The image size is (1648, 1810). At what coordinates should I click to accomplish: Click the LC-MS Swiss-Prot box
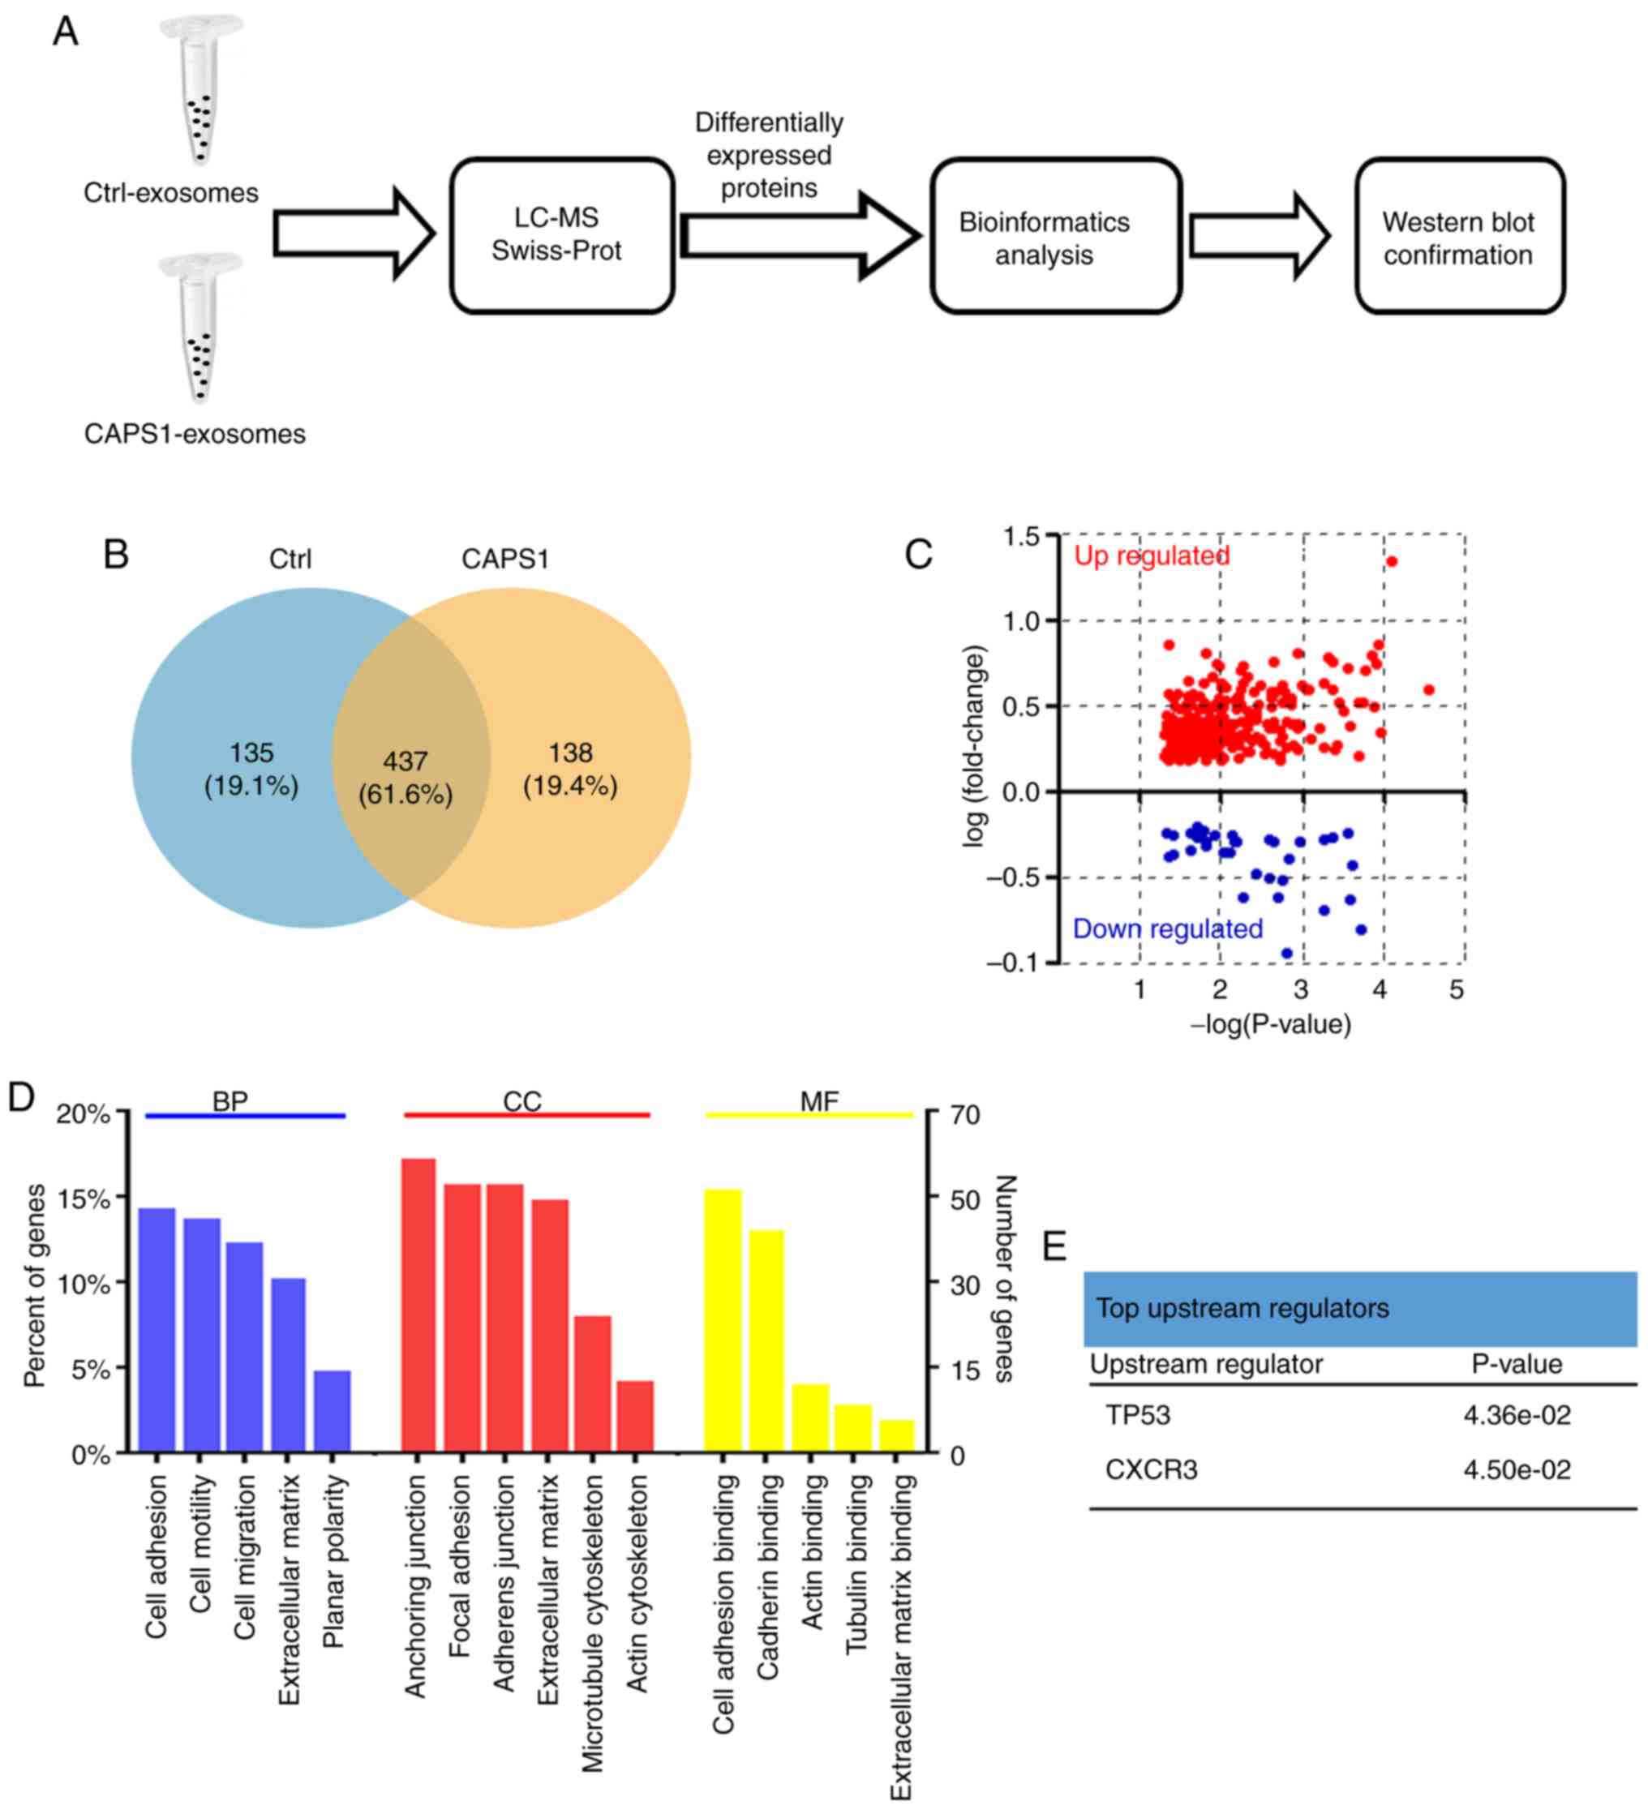(561, 235)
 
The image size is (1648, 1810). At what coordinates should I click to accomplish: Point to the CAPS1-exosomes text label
(195, 434)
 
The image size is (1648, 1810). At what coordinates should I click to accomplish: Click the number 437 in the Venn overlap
(405, 761)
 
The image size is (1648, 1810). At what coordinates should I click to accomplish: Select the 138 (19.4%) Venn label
(570, 770)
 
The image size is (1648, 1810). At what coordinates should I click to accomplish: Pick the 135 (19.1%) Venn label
(251, 770)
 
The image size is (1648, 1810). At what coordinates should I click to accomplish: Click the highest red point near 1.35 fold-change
(1391, 561)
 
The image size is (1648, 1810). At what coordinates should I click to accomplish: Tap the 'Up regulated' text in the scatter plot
(1152, 555)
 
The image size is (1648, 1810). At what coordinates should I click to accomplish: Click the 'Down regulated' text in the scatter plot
(1168, 929)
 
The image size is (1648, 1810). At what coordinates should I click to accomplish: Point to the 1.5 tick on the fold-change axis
(1021, 536)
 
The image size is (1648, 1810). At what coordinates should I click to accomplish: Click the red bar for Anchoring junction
(418, 1306)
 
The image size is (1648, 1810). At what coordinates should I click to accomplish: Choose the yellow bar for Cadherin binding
(766, 1341)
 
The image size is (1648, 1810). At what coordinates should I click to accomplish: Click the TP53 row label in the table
(1138, 1415)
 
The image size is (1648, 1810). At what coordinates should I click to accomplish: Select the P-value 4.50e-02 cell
(1517, 1469)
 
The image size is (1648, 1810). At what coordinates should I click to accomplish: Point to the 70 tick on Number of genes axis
(965, 1115)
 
